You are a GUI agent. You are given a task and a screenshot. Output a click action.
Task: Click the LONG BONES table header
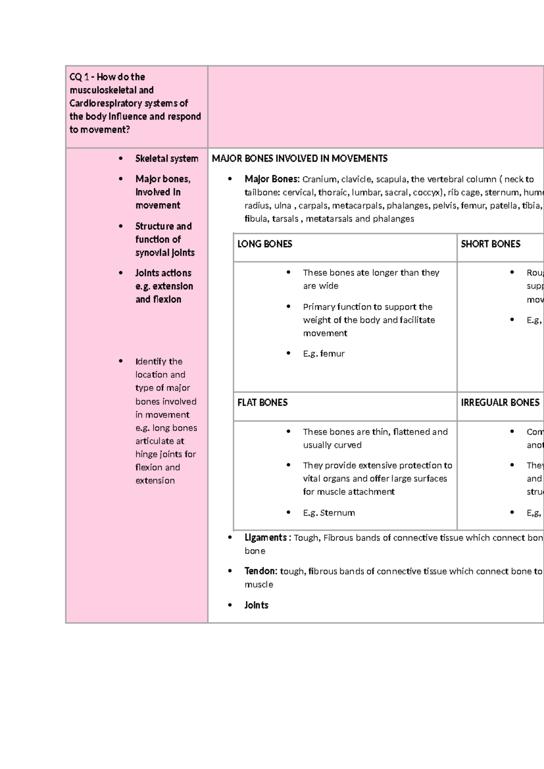coord(265,244)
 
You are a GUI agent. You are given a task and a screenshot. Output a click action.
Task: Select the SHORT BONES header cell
coord(491,244)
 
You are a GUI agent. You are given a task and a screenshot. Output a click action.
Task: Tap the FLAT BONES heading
coord(262,403)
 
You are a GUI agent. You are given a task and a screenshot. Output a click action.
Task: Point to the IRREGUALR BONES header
coord(500,403)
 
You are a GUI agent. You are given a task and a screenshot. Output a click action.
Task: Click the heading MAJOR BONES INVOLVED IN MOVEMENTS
coord(300,159)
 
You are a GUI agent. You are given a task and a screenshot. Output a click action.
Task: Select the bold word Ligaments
coord(266,538)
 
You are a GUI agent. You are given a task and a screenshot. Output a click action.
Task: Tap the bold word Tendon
coord(260,571)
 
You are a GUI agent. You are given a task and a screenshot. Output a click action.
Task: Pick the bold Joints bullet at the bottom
coord(256,605)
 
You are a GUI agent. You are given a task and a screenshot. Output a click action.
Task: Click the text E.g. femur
coord(324,354)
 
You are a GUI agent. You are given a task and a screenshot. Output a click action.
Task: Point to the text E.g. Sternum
coord(329,513)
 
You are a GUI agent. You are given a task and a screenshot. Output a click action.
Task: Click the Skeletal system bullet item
coord(166,159)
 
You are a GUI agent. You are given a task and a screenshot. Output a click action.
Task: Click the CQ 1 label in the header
coord(79,77)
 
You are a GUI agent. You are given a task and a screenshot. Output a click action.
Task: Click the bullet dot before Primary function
coord(288,307)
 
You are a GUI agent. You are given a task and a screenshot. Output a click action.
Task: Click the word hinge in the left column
coord(146,454)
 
